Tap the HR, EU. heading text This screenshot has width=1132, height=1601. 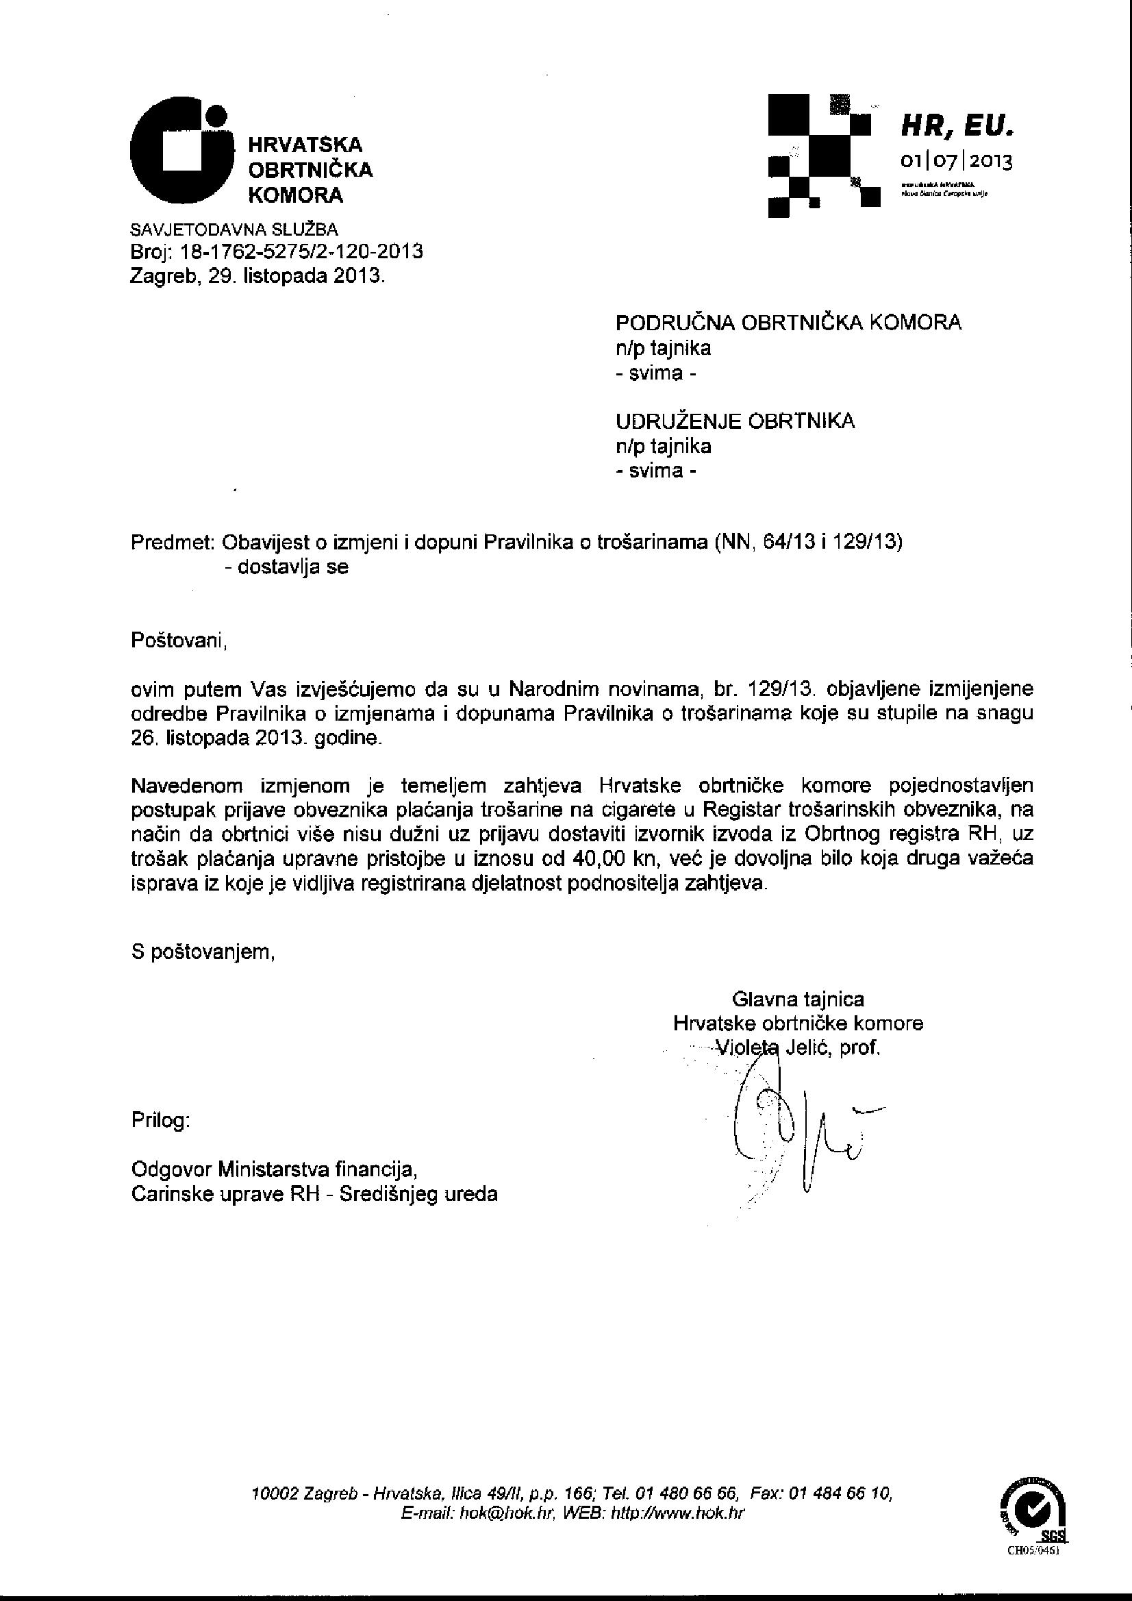(957, 126)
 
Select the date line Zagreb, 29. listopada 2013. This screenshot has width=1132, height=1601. (258, 276)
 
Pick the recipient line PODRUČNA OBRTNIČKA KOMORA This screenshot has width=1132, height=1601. (788, 322)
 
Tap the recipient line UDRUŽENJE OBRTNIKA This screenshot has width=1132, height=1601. (735, 421)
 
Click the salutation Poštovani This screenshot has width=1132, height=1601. (179, 640)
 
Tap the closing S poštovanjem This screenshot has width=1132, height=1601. (203, 952)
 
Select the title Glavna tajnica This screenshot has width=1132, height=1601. (797, 1000)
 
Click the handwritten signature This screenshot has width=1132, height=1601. (794, 1123)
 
